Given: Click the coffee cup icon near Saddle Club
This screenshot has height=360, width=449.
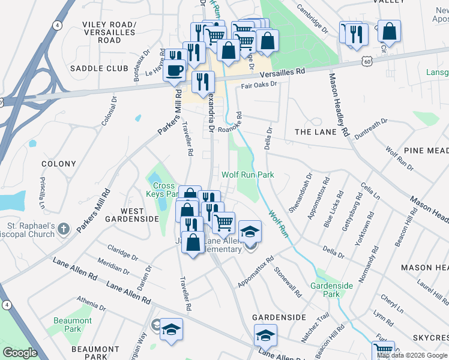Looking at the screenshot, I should click(x=175, y=68).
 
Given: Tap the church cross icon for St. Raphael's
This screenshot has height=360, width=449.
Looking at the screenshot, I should click(x=65, y=229).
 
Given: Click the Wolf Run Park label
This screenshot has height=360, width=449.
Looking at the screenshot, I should click(x=248, y=175).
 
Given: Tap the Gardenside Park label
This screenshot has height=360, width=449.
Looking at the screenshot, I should click(x=331, y=290).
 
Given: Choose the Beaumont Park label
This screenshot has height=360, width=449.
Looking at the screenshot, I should click(x=73, y=325).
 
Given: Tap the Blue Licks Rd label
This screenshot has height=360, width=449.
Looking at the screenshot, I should click(x=333, y=209).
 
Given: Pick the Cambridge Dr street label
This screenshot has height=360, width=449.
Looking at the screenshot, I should click(x=313, y=20).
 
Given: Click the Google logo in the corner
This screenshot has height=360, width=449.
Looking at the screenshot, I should click(x=20, y=353).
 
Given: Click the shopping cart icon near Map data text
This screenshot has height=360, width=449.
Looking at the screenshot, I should click(x=382, y=350).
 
